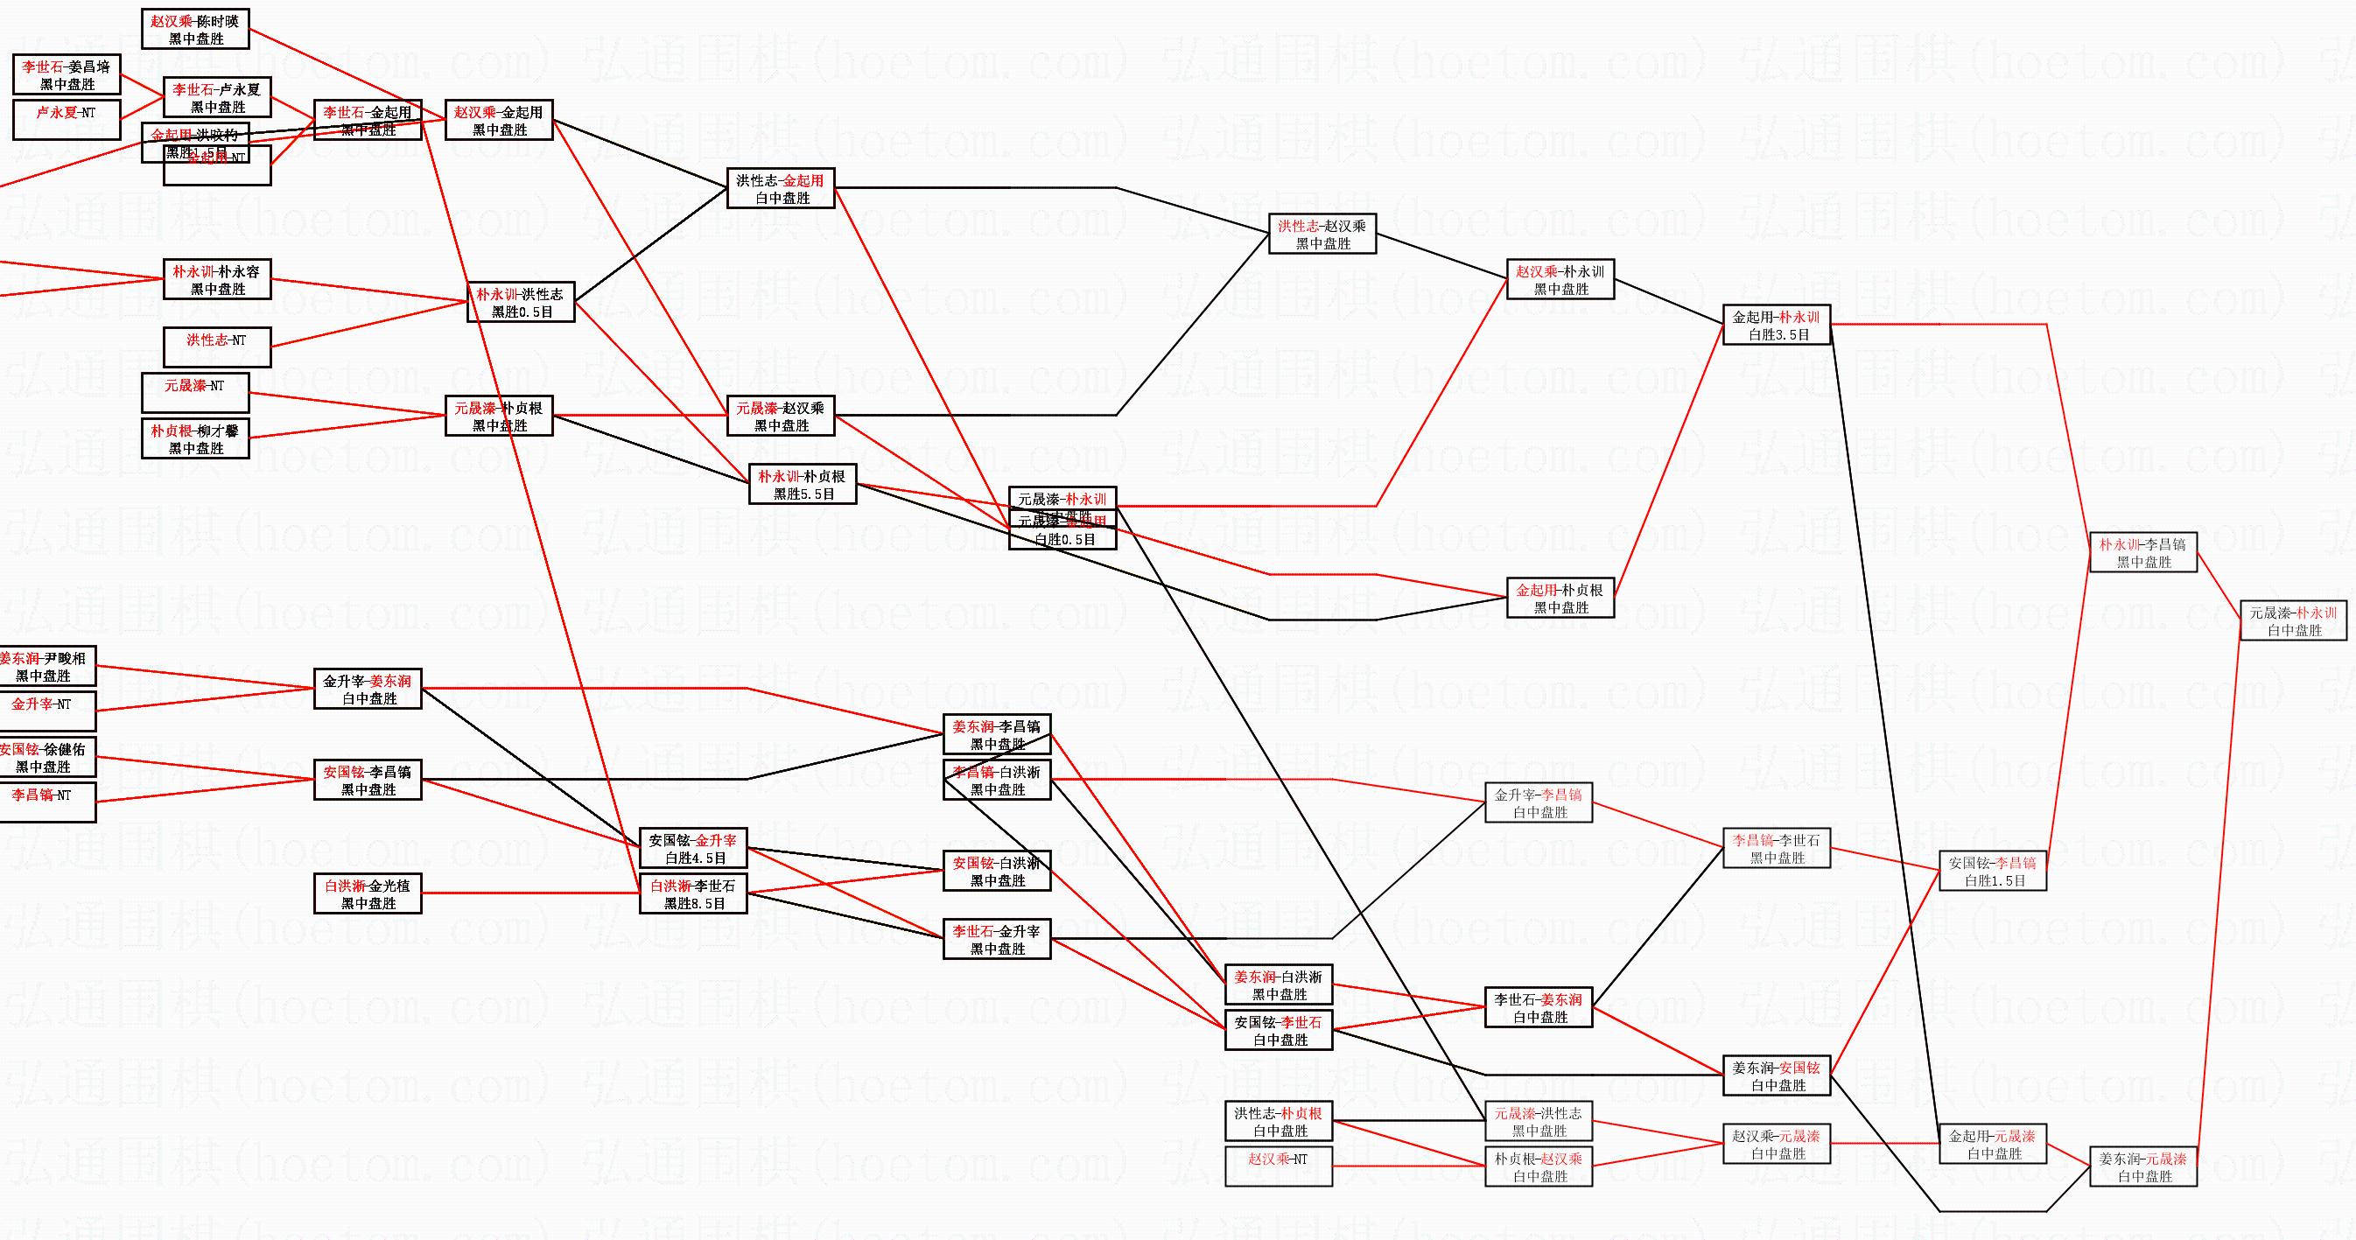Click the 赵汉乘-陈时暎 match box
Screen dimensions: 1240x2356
(x=196, y=29)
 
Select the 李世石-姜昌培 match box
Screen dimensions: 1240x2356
(x=67, y=74)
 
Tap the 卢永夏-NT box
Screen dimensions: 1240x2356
(x=67, y=120)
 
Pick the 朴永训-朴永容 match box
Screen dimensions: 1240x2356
(x=217, y=280)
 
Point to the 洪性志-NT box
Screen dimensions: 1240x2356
(x=217, y=347)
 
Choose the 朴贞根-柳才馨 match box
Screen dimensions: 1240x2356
(x=196, y=439)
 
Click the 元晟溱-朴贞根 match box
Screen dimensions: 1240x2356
(x=499, y=416)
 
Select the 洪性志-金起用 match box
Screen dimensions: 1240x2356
(x=780, y=188)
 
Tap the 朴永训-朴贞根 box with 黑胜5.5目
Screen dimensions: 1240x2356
(x=802, y=485)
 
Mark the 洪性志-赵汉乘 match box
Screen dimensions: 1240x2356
(x=1322, y=235)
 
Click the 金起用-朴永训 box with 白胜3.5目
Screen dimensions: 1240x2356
(x=1776, y=326)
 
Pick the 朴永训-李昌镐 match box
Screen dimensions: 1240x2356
(x=2143, y=552)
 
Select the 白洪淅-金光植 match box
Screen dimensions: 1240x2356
(x=368, y=893)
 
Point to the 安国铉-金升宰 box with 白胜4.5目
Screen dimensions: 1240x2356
(x=692, y=849)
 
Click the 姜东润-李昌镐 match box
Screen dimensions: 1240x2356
(x=997, y=734)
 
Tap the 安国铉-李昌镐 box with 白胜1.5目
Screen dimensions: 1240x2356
(x=1992, y=871)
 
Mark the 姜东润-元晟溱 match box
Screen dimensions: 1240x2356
(x=2143, y=1166)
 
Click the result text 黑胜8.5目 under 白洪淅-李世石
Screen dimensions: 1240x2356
(x=694, y=903)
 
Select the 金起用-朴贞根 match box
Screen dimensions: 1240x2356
(x=1560, y=598)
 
